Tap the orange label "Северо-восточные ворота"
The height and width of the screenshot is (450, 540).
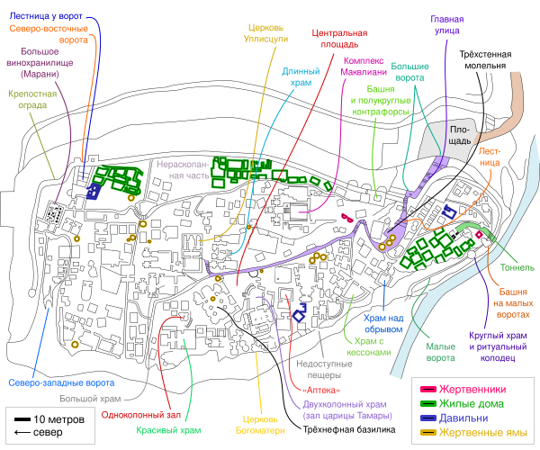click(x=49, y=34)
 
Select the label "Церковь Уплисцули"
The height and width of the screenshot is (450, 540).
click(x=267, y=33)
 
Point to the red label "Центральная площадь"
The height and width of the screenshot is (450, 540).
click(x=335, y=38)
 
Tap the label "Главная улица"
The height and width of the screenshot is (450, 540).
click(x=446, y=24)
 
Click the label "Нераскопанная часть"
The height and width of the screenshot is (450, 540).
click(x=182, y=170)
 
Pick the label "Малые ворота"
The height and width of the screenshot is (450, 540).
click(x=440, y=352)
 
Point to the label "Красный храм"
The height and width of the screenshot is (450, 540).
click(x=168, y=430)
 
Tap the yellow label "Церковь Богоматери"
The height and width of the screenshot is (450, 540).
click(x=264, y=424)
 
